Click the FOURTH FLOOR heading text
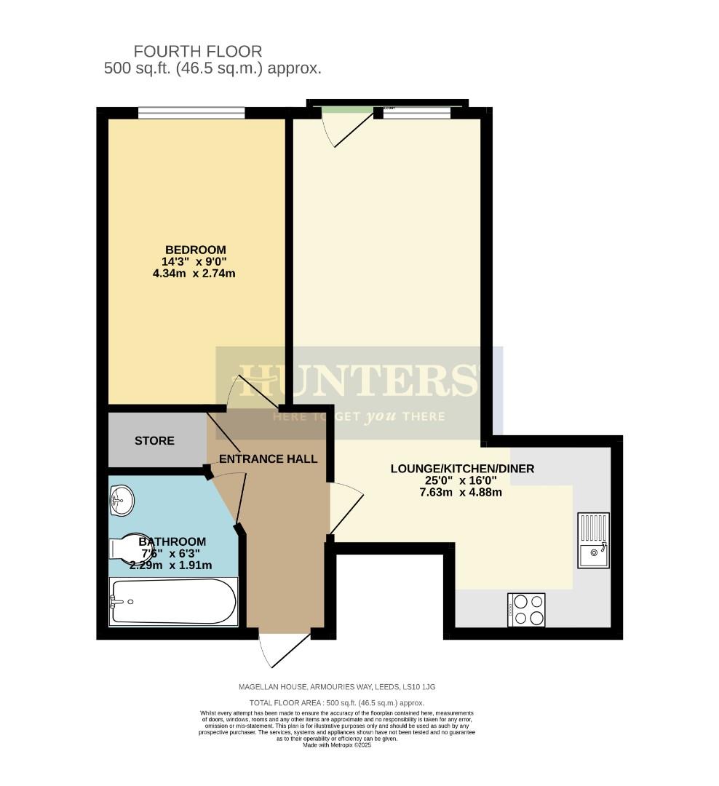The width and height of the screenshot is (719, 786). [x=197, y=52]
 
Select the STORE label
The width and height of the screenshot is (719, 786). [x=154, y=441]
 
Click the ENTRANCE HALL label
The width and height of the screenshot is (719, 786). [x=268, y=459]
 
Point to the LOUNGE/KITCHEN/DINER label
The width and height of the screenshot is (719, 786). [x=462, y=469]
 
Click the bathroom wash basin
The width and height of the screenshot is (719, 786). [x=122, y=501]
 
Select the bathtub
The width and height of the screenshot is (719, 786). [x=173, y=602]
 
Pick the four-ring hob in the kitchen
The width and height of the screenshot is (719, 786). [x=528, y=610]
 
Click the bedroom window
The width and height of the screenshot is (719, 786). [x=191, y=113]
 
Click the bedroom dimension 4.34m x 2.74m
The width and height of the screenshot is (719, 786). [x=194, y=274]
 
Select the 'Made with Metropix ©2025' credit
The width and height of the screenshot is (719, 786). [x=337, y=745]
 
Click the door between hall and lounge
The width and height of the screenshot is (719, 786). [x=345, y=509]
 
